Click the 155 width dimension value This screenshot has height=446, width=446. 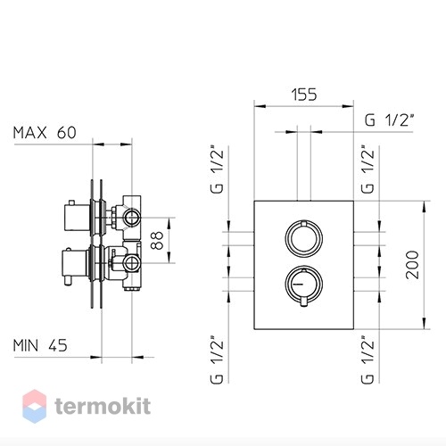point(304,95)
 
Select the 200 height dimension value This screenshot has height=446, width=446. point(412,265)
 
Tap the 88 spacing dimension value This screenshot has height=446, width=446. point(156,240)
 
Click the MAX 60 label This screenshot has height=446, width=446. point(45,133)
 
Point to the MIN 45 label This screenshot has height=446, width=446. point(40,345)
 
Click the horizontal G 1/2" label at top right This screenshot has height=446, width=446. point(390,120)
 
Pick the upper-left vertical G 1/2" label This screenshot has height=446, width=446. point(217,169)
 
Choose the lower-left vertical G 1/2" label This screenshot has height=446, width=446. point(217,359)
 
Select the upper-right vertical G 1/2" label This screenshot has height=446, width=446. point(368,169)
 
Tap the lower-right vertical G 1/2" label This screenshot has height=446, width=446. point(368,359)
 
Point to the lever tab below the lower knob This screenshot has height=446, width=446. point(303,301)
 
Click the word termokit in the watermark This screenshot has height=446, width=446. point(103,406)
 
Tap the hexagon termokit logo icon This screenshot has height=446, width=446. point(35,406)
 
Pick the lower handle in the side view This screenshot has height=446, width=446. point(74,266)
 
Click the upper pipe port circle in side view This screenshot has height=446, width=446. point(131,218)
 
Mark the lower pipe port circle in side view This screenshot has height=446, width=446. point(131,263)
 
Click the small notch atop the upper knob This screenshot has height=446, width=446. point(303,223)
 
